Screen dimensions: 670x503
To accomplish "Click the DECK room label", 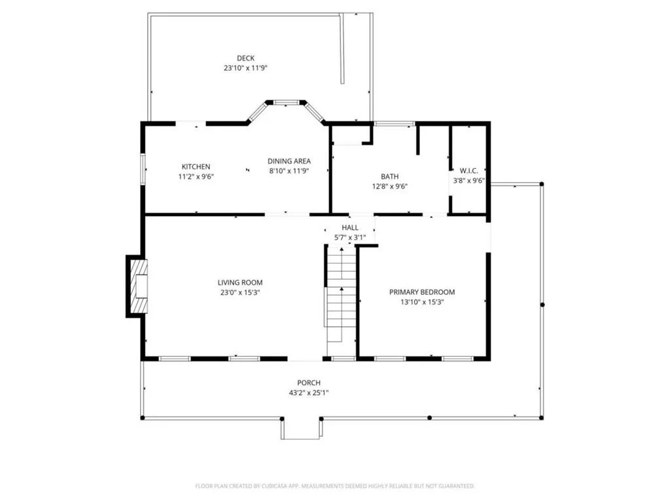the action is point(246,58).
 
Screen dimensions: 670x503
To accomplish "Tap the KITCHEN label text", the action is point(196,167).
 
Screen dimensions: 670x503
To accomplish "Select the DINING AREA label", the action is point(289,161).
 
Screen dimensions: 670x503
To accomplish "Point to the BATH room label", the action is point(390,176).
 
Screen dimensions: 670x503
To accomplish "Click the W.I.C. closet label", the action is point(468,171).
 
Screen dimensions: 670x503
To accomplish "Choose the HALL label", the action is point(350,227).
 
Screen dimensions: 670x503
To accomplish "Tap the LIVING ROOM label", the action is point(240,282).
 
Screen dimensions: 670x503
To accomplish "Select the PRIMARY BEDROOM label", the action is point(422,292).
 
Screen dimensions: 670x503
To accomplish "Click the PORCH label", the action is point(309,382).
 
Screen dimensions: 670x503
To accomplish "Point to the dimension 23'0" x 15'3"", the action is point(240,293).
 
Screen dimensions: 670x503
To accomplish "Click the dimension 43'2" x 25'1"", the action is point(309,393).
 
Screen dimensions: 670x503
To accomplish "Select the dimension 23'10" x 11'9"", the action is point(246,68).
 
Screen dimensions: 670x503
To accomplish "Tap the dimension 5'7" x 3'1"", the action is point(350,237).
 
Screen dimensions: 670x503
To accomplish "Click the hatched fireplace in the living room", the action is point(139,286).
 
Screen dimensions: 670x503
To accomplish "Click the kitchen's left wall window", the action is point(143,170).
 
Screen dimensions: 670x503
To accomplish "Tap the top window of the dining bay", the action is point(287,103).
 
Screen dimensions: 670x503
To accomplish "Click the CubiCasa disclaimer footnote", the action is point(335,486).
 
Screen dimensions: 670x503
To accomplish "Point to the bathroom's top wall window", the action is point(395,124).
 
